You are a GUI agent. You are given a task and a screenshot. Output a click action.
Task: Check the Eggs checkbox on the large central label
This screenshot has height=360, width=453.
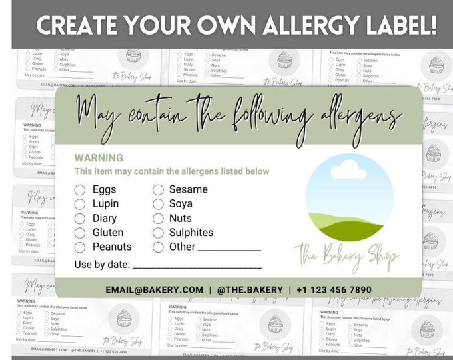(80, 189)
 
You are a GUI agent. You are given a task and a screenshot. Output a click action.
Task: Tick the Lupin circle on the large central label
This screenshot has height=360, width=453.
(80, 204)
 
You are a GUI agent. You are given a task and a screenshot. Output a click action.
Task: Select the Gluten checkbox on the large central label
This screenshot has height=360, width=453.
(80, 233)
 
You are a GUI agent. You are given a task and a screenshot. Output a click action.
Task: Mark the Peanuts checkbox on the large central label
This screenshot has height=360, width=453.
(80, 247)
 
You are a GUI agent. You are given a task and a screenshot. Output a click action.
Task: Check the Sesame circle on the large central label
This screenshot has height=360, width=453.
(158, 189)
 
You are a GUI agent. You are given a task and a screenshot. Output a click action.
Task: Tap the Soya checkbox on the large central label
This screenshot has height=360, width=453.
(158, 204)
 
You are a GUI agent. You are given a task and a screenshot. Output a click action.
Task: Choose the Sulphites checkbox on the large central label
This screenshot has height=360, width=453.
(158, 233)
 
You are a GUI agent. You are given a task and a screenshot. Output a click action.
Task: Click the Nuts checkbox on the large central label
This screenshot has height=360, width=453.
(158, 218)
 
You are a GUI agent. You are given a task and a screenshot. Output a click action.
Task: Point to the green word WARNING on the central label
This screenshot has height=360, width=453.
(99, 158)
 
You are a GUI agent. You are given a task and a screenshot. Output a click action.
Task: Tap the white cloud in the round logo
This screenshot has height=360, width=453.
(348, 168)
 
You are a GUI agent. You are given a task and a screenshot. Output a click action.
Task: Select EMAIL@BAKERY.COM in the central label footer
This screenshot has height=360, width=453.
(155, 289)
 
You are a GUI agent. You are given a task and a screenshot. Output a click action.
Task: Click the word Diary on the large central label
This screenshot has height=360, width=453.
(105, 218)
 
